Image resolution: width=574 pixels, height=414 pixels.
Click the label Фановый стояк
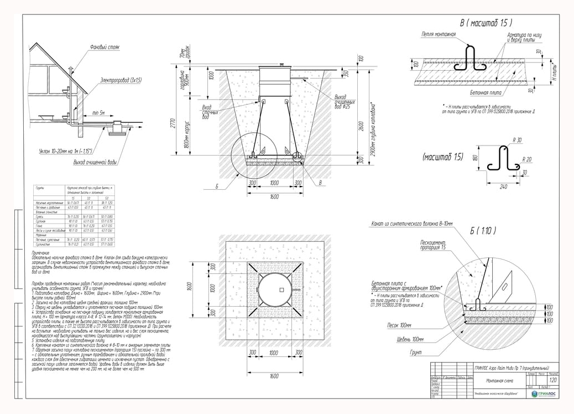coord(105,48)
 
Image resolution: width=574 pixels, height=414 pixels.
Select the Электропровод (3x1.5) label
coord(121,81)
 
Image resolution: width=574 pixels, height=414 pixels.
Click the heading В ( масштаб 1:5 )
coord(486,23)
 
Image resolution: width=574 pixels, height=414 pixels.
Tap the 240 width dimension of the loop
coord(503,187)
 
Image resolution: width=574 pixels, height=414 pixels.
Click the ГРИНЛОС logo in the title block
coord(544,393)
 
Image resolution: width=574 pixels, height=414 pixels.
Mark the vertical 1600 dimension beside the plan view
coord(189,289)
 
